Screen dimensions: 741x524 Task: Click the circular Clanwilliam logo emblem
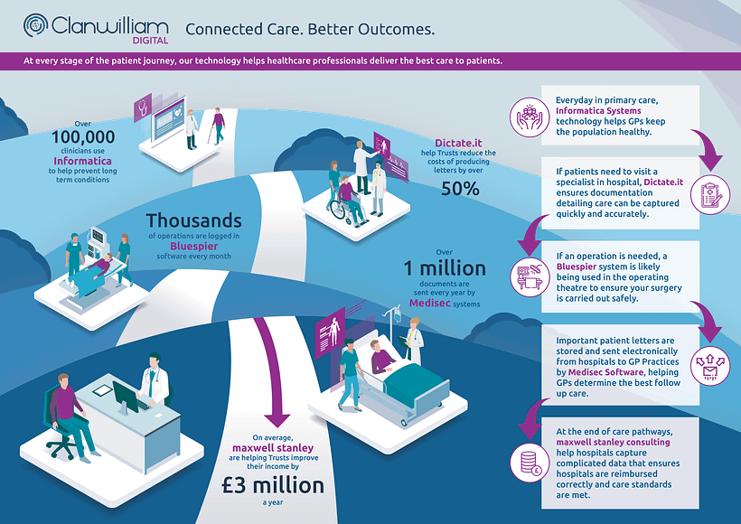click(35, 25)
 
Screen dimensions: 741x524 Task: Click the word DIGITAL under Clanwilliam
click(150, 41)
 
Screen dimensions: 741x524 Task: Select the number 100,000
click(83, 137)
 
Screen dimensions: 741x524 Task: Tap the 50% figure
click(460, 189)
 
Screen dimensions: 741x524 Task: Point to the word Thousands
click(193, 220)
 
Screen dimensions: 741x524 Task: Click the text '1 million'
click(445, 268)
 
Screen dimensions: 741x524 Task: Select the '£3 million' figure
click(273, 486)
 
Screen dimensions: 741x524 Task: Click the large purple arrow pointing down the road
click(273, 373)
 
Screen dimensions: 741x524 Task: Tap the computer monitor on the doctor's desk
click(126, 397)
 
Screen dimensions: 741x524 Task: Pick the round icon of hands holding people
click(530, 117)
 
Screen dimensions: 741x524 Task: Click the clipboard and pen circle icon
click(711, 194)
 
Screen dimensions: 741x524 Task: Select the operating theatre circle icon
click(530, 277)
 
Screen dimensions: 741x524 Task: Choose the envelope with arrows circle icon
click(710, 366)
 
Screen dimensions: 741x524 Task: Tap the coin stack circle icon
click(530, 463)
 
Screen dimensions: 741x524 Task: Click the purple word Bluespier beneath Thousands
click(193, 246)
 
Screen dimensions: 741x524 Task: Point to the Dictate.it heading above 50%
click(458, 143)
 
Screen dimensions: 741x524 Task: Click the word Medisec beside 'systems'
click(429, 303)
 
